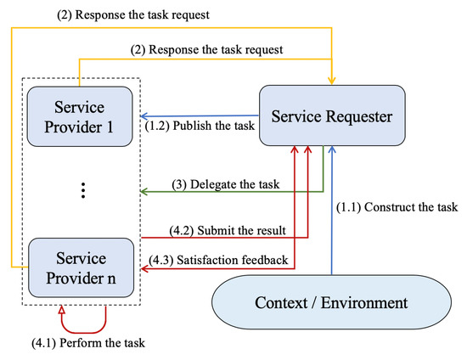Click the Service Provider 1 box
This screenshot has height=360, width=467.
pos(80,116)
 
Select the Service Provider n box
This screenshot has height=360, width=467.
pos(81,267)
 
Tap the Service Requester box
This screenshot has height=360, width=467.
pos(332,115)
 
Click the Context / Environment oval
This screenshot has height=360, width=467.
pos(331,302)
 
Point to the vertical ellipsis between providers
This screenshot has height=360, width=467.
pos(83,190)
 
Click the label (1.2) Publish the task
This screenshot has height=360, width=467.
pos(200,126)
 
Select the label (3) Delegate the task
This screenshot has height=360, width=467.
pos(226,184)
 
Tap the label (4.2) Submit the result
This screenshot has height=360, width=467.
pos(228,230)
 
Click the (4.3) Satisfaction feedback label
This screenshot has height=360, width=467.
pos(218,260)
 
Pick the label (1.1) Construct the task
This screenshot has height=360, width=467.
pos(397,207)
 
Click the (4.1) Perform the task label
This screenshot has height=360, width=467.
pos(88,343)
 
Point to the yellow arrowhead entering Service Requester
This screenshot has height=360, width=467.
pos(332,81)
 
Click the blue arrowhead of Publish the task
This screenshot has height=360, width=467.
pos(144,116)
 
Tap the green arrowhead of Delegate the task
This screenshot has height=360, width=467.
pos(144,192)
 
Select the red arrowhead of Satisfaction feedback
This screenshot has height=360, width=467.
pos(144,269)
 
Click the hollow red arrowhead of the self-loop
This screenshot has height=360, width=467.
pos(61,310)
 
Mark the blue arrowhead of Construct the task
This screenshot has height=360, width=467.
pos(332,149)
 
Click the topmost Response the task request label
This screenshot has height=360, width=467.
pos(133,14)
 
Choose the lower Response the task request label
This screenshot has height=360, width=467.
pos(206,49)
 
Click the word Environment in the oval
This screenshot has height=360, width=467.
pos(364,303)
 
